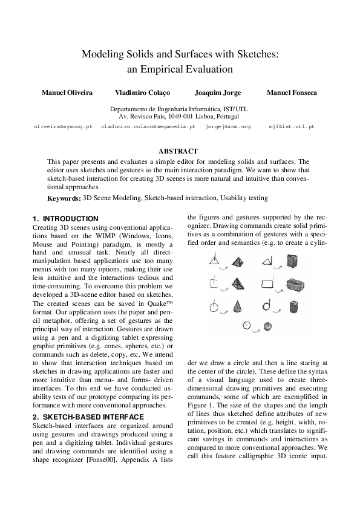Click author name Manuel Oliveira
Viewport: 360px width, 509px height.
pos(67,92)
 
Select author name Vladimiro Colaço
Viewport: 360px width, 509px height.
pos(142,92)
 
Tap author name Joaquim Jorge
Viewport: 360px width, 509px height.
pos(218,92)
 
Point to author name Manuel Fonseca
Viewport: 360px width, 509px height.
pos(292,92)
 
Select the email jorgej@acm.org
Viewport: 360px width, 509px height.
pos(228,128)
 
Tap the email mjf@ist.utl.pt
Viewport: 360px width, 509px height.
pos(292,128)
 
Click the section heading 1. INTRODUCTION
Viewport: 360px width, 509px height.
pos(65,218)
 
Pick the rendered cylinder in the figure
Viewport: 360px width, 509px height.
pos(293,306)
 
